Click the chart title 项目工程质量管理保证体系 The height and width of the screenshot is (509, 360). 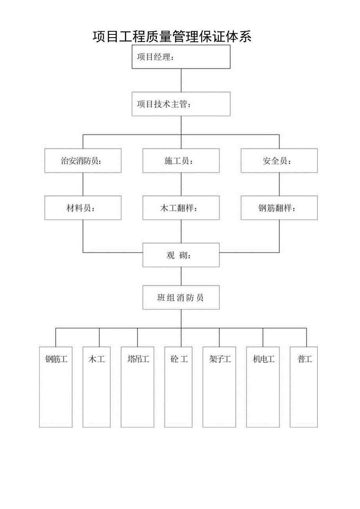(172, 36)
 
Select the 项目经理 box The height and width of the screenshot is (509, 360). (181, 57)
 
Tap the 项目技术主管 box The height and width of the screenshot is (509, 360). (181, 104)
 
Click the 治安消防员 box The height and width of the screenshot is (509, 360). (83, 161)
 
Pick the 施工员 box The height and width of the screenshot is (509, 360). (181, 161)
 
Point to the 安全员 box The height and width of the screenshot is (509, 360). (279, 161)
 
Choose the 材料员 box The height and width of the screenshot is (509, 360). (83, 208)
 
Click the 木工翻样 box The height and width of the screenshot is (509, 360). (181, 208)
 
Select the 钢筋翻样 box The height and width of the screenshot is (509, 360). (279, 208)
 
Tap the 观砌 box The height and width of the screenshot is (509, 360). (181, 255)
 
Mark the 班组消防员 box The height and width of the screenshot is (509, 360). (181, 298)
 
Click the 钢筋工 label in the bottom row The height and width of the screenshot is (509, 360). (56, 359)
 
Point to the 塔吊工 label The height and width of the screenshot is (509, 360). (138, 359)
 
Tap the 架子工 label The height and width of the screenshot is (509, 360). (220, 359)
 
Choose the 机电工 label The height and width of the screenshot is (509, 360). (263, 359)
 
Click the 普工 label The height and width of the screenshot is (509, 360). (304, 359)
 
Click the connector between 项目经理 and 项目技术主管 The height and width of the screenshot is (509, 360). (181, 81)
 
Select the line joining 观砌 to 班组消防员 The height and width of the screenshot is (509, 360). (181, 277)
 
